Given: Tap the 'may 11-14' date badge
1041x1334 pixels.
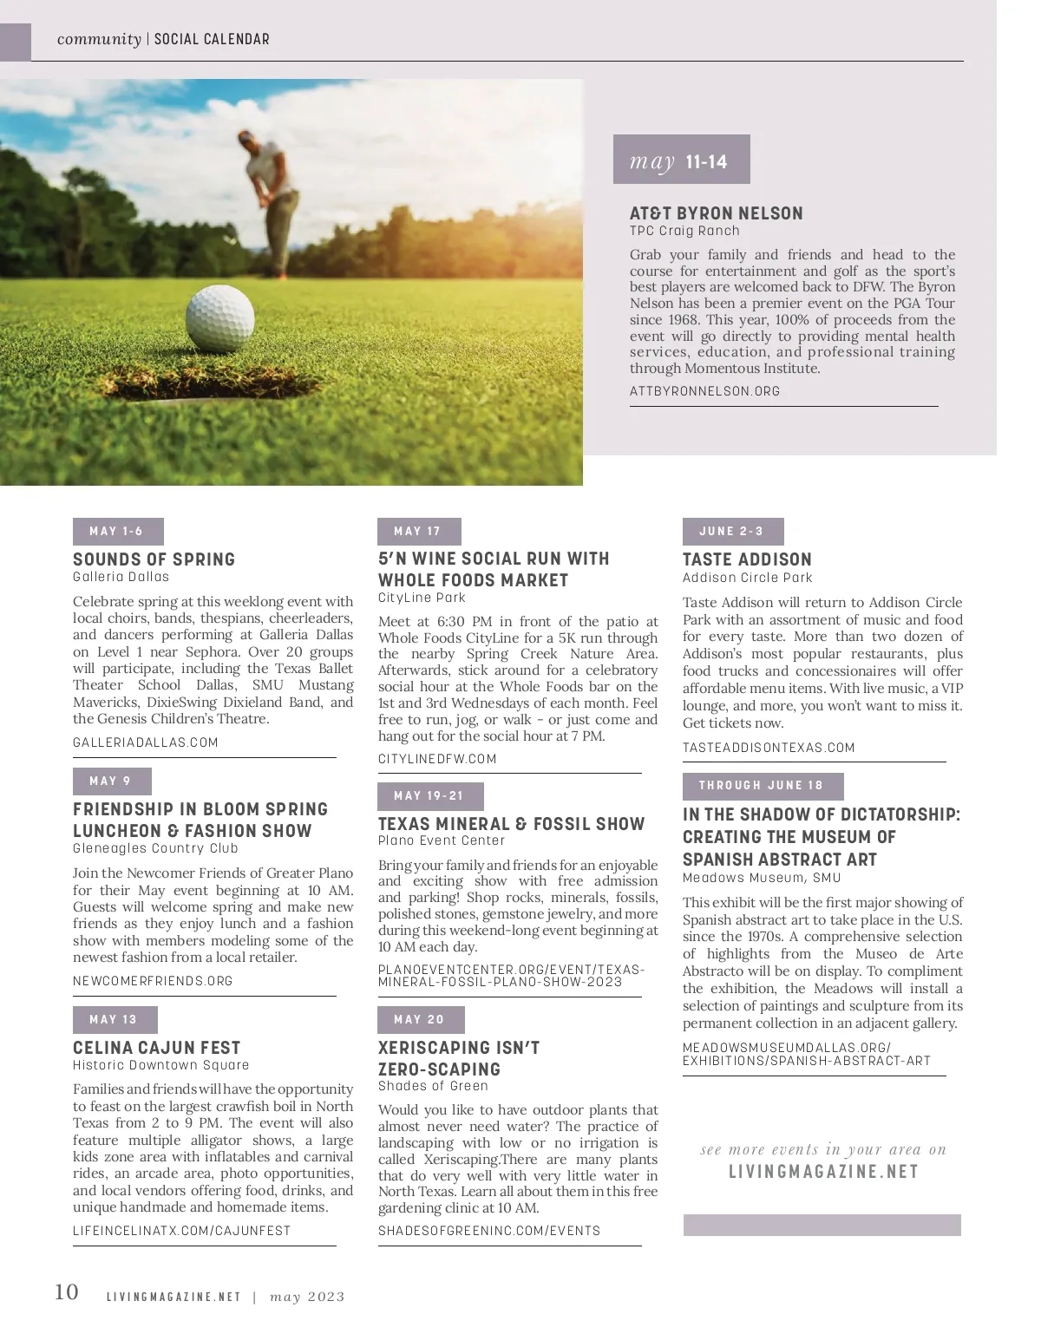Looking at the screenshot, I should (x=681, y=160).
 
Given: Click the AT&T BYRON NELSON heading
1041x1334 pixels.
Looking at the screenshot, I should (x=716, y=213).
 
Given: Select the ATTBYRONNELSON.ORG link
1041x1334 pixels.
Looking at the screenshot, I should (x=704, y=391).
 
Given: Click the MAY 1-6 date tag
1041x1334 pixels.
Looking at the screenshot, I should (x=117, y=532).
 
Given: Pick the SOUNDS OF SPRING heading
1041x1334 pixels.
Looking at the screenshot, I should (x=154, y=559).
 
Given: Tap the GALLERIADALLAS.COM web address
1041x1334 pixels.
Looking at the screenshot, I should (x=145, y=742).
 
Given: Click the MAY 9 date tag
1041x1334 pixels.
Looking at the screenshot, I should (x=111, y=781).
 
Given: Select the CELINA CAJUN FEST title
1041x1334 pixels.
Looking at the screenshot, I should (x=156, y=1048).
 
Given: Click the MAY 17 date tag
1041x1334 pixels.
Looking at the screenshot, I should (x=418, y=532).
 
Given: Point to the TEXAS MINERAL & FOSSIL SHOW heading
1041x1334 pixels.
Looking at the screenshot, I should (x=511, y=824).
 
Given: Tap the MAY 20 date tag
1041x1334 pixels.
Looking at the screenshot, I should (x=420, y=1020).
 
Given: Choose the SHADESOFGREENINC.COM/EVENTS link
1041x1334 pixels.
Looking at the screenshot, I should (x=488, y=1231).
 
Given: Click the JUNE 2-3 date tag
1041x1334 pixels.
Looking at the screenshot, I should (x=732, y=532).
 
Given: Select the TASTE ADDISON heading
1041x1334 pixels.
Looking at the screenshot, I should (x=747, y=559).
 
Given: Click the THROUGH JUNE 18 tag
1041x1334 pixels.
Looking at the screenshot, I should (x=762, y=786).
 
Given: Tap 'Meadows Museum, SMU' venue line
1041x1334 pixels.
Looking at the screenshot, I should (x=761, y=878).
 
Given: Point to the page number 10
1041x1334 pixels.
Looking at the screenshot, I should (x=67, y=1292).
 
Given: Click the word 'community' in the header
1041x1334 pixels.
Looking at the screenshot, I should (x=98, y=39).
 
